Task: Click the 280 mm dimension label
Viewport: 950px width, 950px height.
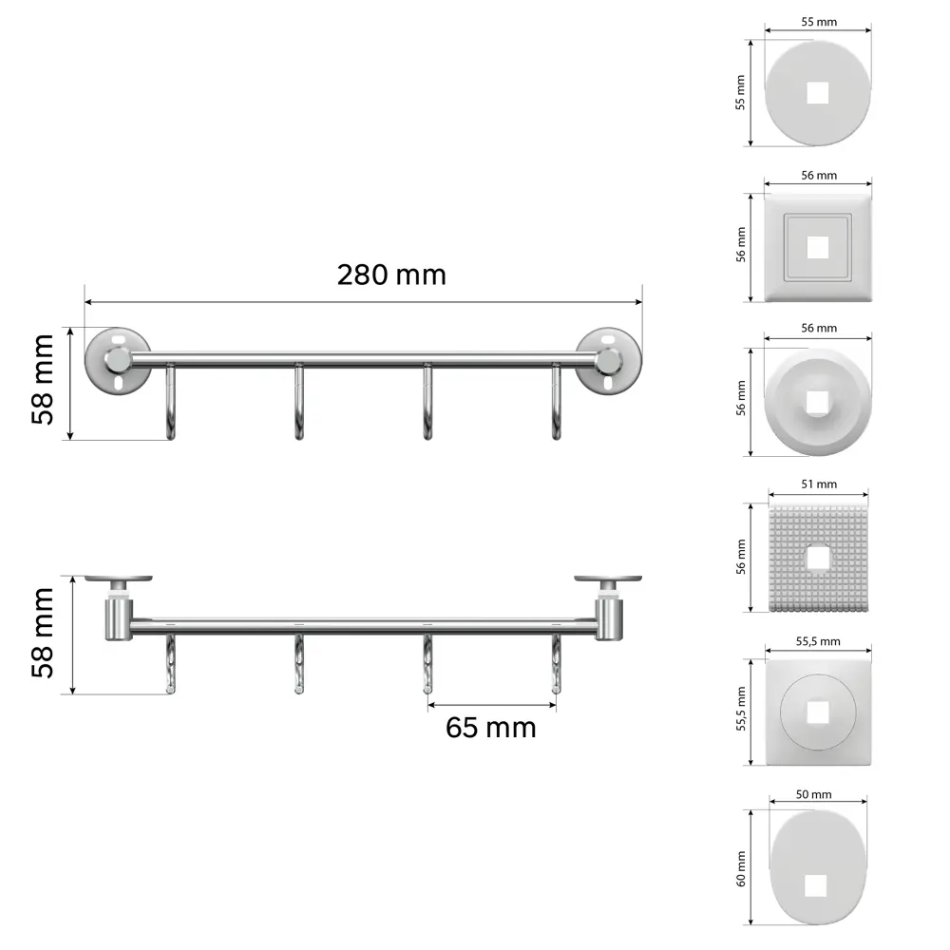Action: (x=390, y=275)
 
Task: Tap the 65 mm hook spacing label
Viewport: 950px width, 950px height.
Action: (x=490, y=728)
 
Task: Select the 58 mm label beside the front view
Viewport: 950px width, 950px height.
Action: (x=44, y=380)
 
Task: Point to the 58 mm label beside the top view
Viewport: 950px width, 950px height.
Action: (x=44, y=633)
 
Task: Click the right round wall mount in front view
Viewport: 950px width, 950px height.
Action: (x=609, y=361)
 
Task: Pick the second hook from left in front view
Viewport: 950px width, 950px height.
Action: (x=299, y=404)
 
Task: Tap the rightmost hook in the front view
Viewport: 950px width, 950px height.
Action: (x=557, y=404)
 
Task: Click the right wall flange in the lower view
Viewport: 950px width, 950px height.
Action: (x=607, y=578)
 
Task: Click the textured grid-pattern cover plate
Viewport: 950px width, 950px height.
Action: (x=818, y=559)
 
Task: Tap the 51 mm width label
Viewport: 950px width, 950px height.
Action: (x=818, y=484)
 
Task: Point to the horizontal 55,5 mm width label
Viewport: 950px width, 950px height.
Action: (x=818, y=641)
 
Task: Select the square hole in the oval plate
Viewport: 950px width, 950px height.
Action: (x=816, y=885)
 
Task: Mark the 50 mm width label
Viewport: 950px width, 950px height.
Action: (x=815, y=794)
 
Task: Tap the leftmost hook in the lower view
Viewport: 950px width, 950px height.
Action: (x=171, y=665)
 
